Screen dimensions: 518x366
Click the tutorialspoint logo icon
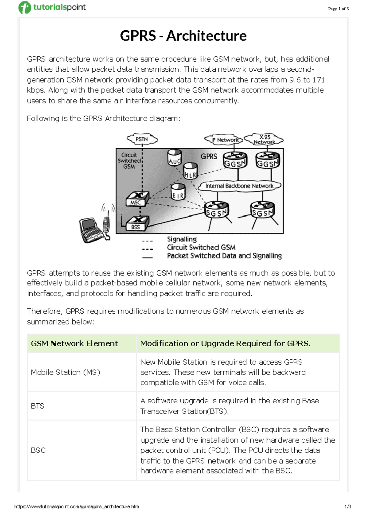25,7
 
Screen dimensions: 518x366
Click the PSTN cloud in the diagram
142,139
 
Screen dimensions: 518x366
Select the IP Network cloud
224,140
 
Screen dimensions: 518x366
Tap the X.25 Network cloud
264,139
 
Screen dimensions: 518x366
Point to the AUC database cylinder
174,157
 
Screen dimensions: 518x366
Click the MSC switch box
137,199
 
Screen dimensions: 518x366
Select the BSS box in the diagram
137,224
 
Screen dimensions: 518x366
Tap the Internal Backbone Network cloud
239,186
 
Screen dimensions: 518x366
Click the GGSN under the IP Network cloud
235,160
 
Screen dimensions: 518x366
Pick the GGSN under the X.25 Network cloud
267,160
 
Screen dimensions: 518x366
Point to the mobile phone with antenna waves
106,223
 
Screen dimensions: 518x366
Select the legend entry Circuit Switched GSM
201,247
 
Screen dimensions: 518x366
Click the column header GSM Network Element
74,344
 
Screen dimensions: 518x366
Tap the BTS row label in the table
38,406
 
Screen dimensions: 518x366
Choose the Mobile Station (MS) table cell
65,372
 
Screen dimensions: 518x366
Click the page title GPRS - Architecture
183,36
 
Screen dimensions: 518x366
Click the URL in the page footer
77,507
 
